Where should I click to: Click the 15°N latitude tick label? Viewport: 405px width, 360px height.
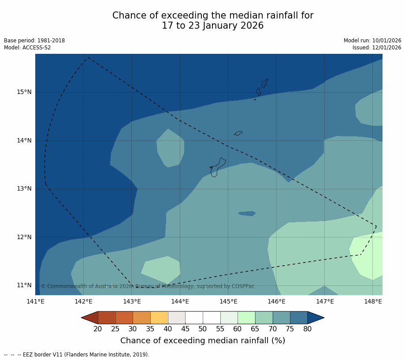pyautogui.click(x=24, y=92)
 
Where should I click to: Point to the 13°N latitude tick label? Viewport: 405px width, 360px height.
pyautogui.click(x=24, y=189)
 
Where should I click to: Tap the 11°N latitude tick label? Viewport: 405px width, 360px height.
pyautogui.click(x=24, y=285)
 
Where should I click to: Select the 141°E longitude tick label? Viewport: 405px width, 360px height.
pyautogui.click(x=35, y=302)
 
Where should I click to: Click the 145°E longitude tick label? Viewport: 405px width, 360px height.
pyautogui.click(x=228, y=302)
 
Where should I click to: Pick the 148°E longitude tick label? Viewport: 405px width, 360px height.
pyautogui.click(x=373, y=302)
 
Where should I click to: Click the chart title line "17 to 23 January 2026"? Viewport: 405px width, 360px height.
pyautogui.click(x=212, y=26)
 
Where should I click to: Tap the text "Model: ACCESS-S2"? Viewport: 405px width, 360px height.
pyautogui.click(x=27, y=48)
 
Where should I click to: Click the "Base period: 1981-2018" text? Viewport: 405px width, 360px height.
pyautogui.click(x=34, y=41)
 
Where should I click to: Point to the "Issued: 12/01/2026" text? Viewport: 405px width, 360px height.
pyautogui.click(x=377, y=48)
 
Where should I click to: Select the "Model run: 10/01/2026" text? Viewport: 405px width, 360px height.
pyautogui.click(x=372, y=41)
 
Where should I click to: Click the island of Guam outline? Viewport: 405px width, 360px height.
pyautogui.click(x=217, y=168)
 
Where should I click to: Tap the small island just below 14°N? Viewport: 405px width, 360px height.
pyautogui.click(x=238, y=133)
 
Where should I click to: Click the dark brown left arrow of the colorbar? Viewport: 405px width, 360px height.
pyautogui.click(x=90, y=318)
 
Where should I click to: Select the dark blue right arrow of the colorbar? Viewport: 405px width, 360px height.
pyautogui.click(x=316, y=318)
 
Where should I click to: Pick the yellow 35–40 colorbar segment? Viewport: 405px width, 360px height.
pyautogui.click(x=159, y=318)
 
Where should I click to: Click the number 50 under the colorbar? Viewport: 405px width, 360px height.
pyautogui.click(x=203, y=329)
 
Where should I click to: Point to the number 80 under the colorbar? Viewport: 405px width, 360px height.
pyautogui.click(x=308, y=329)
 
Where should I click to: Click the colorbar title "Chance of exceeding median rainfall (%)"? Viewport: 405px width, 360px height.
pyautogui.click(x=203, y=341)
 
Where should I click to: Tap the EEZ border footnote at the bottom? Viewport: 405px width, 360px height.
pyautogui.click(x=77, y=355)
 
